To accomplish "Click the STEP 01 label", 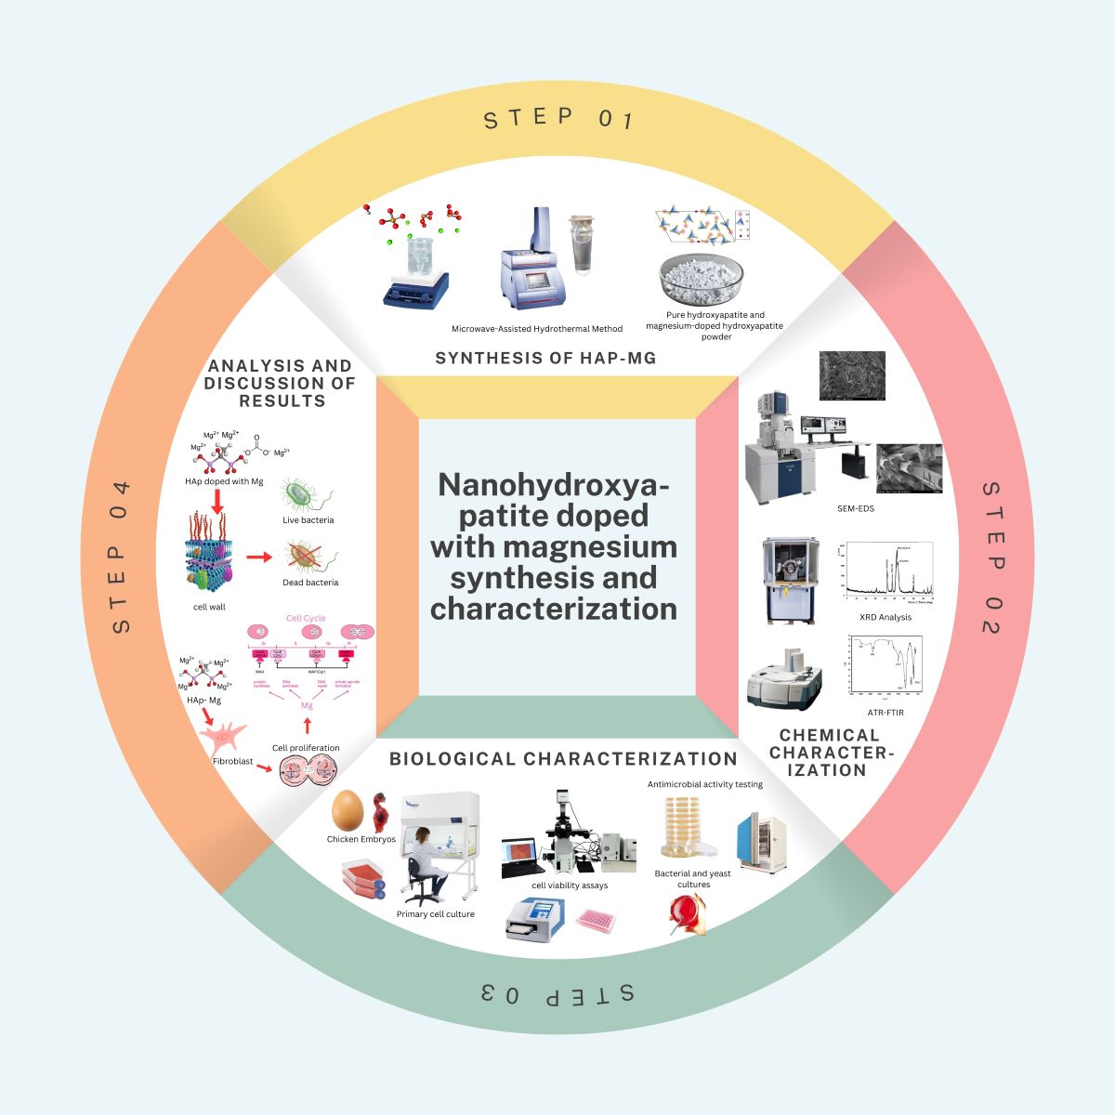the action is point(557,118).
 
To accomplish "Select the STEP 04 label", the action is point(121,557).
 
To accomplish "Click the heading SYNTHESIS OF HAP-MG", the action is point(545,358).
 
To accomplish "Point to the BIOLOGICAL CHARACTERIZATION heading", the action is point(563,759).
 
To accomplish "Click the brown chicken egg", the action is point(347,809).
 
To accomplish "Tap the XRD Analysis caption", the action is point(885,617).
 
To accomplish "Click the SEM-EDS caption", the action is point(856,508).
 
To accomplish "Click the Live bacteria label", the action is point(308,520).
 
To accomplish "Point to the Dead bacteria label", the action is point(310,583).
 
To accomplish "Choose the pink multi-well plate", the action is point(597,921).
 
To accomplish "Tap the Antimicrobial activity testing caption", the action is point(705,784).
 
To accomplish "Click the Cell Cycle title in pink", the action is point(306,618).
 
